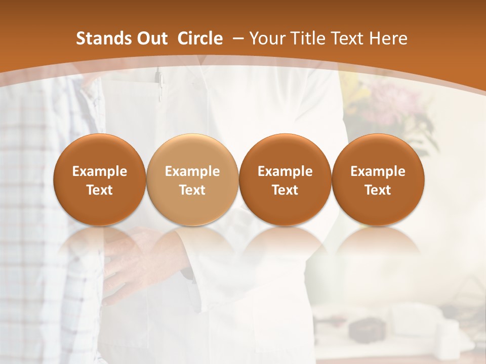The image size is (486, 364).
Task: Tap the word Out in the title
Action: click(x=151, y=38)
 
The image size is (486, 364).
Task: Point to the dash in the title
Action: click(x=237, y=39)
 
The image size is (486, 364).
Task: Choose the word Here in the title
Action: click(x=389, y=38)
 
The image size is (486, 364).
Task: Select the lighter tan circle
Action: click(x=192, y=180)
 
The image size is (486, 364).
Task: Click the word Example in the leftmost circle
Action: click(x=100, y=171)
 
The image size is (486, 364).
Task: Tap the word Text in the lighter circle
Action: click(x=192, y=190)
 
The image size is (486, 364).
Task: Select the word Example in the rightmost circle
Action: click(x=378, y=171)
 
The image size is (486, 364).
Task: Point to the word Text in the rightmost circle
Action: click(x=378, y=190)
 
